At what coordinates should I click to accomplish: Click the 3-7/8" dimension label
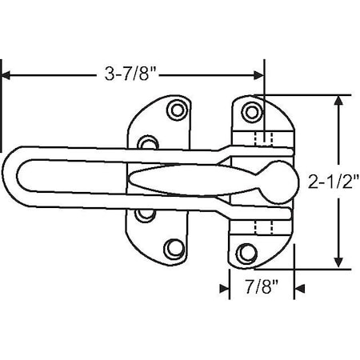tap(130, 74)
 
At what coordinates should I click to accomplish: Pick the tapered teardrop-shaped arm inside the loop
tap(184, 182)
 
